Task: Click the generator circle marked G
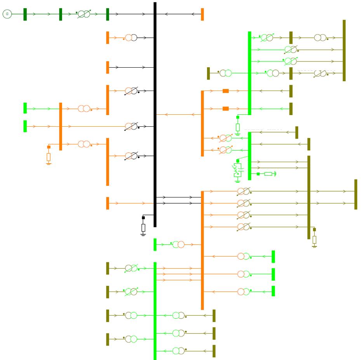(x=7, y=14)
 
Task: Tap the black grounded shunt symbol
(x=143, y=227)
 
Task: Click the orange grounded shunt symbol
(x=49, y=157)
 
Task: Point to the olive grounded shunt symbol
(x=314, y=239)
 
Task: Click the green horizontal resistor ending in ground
(x=268, y=174)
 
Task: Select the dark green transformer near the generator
(x=84, y=14)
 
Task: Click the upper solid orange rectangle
(x=226, y=91)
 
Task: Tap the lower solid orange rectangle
(x=226, y=108)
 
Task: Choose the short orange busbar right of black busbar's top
(x=202, y=14)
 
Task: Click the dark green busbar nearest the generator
(x=25, y=14)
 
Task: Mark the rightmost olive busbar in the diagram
(x=355, y=194)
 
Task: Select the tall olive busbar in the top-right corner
(x=344, y=51)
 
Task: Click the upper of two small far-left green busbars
(x=25, y=108)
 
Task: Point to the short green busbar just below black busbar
(x=155, y=245)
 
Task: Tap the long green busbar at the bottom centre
(x=155, y=311)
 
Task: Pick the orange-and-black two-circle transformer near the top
(x=131, y=38)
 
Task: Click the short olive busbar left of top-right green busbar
(x=208, y=73)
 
